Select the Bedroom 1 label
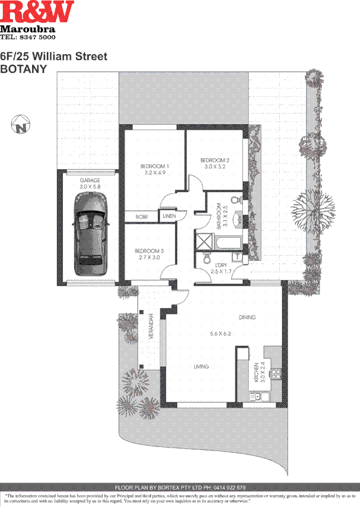click(154, 166)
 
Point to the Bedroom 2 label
click(214, 160)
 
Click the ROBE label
click(141, 217)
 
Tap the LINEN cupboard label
click(169, 216)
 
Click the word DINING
click(247, 317)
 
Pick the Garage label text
click(90, 180)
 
